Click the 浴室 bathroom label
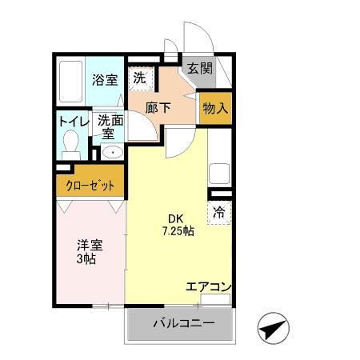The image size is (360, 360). [x=105, y=79]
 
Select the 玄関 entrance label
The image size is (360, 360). [x=200, y=69]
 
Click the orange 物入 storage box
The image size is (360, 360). [x=215, y=107]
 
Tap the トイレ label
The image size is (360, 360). [x=72, y=122]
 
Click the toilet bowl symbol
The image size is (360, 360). [x=71, y=146]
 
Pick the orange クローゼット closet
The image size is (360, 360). [x=90, y=185]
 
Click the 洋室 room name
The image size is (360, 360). [x=90, y=245]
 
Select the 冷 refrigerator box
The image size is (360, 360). [x=219, y=213]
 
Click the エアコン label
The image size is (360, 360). [x=209, y=286]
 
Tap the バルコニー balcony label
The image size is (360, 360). [x=183, y=324]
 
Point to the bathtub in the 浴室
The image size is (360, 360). [x=73, y=82]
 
